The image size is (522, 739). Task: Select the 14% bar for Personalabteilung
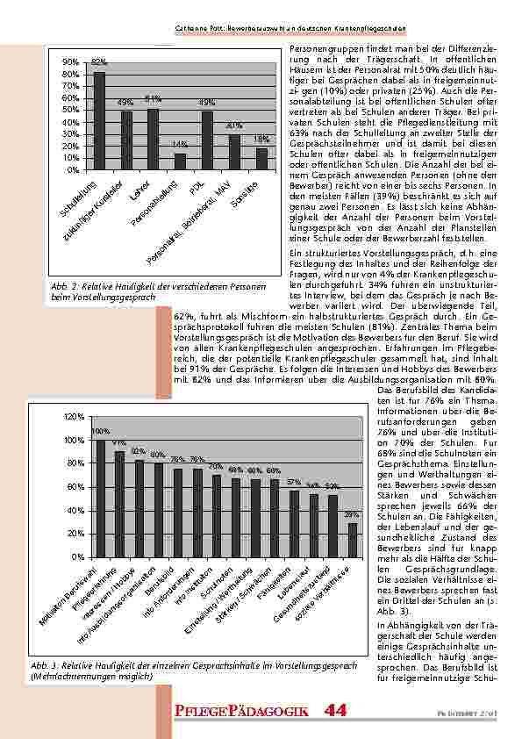[x=181, y=161]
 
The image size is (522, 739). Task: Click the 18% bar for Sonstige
[x=261, y=159]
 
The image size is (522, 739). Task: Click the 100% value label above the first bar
[x=100, y=431]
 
